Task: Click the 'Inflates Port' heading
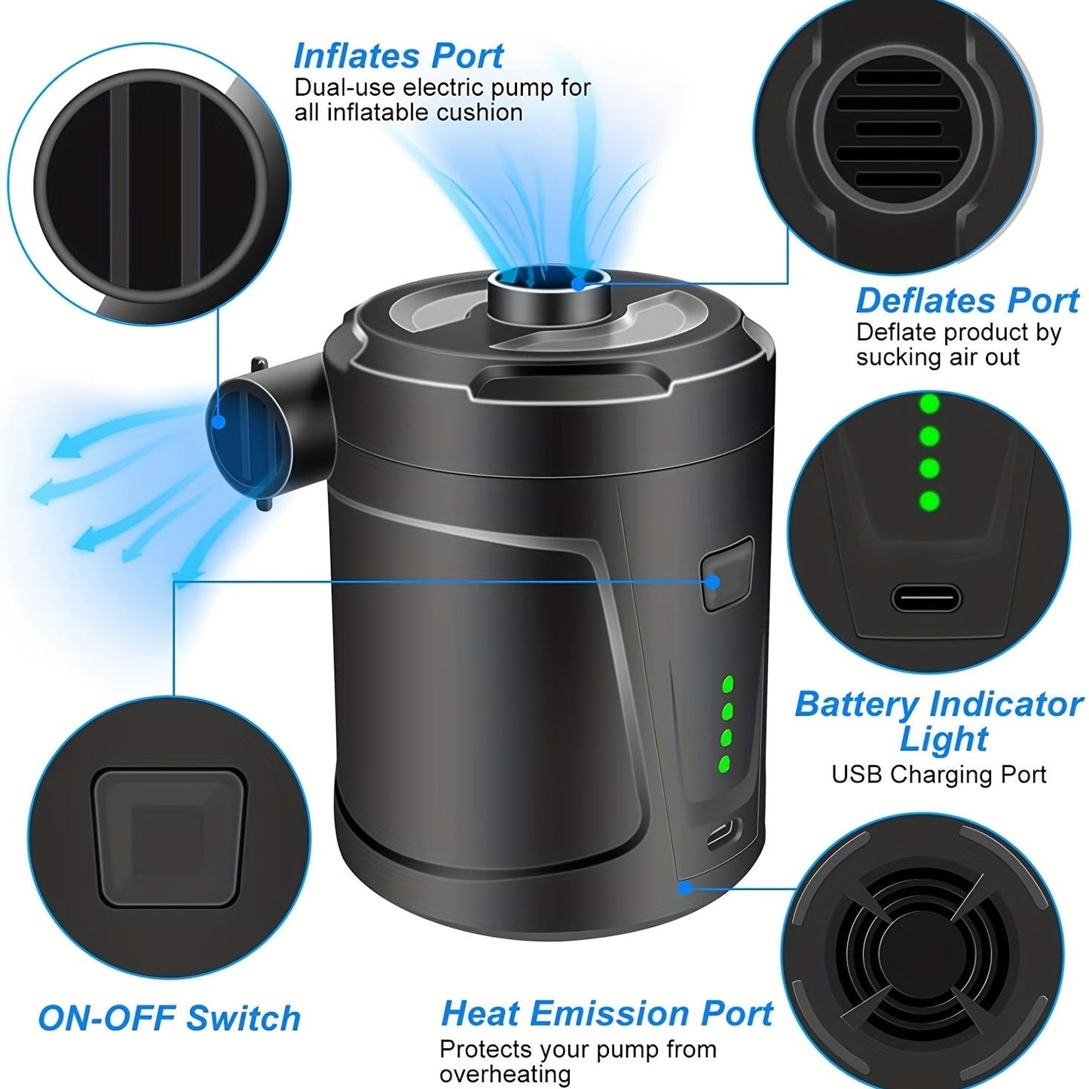pyautogui.click(x=398, y=57)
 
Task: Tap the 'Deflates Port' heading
pyautogui.click(x=967, y=301)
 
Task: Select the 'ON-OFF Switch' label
pyautogui.click(x=170, y=1018)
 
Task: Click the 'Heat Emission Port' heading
pyautogui.click(x=607, y=1014)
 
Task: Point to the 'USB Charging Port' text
pyautogui.click(x=939, y=775)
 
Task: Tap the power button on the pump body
pyautogui.click(x=727, y=573)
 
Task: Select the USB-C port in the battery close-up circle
pyautogui.click(x=926, y=600)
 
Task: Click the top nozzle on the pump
pyautogui.click(x=549, y=291)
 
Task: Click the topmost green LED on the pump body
pyautogui.click(x=728, y=684)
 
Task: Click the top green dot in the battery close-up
pyautogui.click(x=930, y=404)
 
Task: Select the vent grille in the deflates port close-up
pyautogui.click(x=898, y=130)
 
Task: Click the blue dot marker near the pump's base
pyautogui.click(x=685, y=888)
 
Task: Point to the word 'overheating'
pyautogui.click(x=505, y=1075)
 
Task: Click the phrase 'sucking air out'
pyautogui.click(x=938, y=357)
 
